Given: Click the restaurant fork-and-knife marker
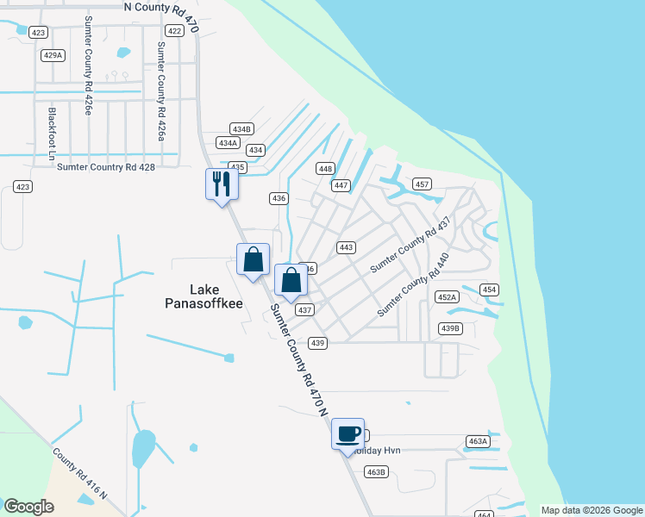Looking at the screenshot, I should coord(222,184).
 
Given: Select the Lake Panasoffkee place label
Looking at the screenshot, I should coord(204,296).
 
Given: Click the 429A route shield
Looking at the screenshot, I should coord(53,55).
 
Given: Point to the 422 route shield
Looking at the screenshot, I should coord(174,31).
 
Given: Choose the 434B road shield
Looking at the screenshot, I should coord(241,129).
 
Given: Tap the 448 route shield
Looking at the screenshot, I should coord(325,169).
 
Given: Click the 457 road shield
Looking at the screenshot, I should coord(422,184).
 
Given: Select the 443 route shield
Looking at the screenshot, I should coord(347,247).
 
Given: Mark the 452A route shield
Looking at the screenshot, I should coord(447,297).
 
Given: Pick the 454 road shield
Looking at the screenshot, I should coord(489,290).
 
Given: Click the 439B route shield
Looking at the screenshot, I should coord(451,328).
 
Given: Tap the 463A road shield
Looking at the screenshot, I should coord(478,441).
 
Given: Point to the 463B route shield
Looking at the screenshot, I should coord(376,471).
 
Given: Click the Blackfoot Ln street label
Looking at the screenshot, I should coord(52,134).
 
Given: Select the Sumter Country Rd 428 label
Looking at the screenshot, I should coord(105,167).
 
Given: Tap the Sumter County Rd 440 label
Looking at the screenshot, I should coord(414,283).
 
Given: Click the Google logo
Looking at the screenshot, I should coord(28,507).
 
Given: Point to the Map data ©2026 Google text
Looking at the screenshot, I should coord(592,510).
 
